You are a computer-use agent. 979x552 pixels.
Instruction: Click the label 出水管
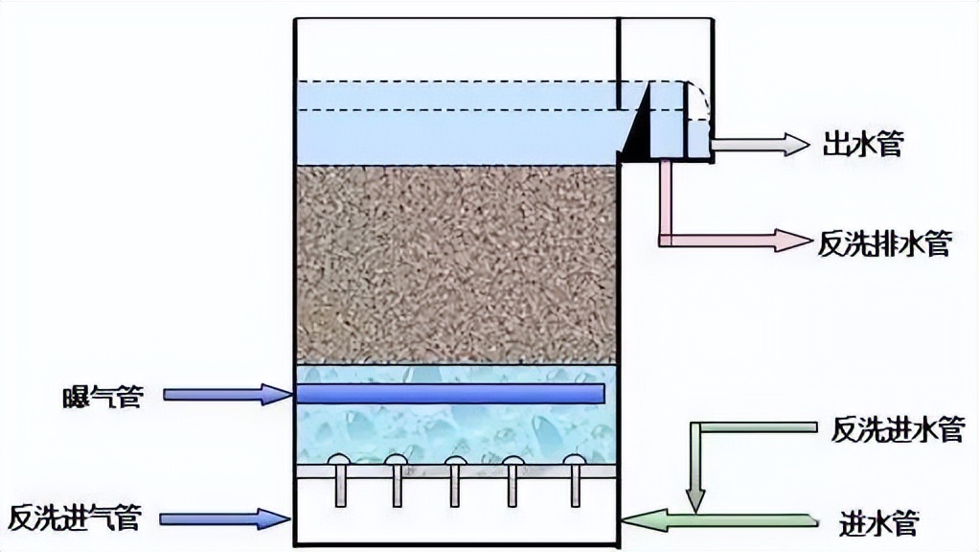(861, 146)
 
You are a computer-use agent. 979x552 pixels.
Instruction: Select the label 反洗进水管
(898, 428)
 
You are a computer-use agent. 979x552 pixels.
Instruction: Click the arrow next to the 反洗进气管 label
(225, 518)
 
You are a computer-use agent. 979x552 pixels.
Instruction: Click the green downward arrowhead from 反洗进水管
(695, 497)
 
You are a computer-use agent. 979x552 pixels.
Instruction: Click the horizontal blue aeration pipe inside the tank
(450, 393)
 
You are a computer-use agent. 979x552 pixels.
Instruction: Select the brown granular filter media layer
(455, 264)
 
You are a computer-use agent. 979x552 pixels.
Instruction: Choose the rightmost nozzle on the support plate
(573, 462)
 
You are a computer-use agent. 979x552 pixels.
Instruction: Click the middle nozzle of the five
(455, 462)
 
